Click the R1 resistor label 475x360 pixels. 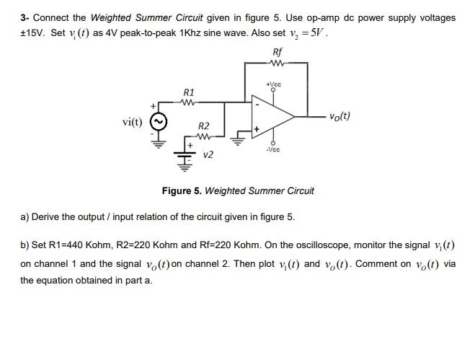pyautogui.click(x=189, y=92)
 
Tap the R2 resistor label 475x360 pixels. pyautogui.click(x=203, y=126)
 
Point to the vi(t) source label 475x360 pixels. pyautogui.click(x=132, y=121)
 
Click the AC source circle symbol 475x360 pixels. pyautogui.click(x=158, y=121)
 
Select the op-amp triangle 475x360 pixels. pyautogui.click(x=272, y=116)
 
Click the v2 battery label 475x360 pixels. pyautogui.click(x=208, y=154)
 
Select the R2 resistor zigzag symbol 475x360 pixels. pyautogui.click(x=203, y=135)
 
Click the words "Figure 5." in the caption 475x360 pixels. pyautogui.click(x=182, y=190)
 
